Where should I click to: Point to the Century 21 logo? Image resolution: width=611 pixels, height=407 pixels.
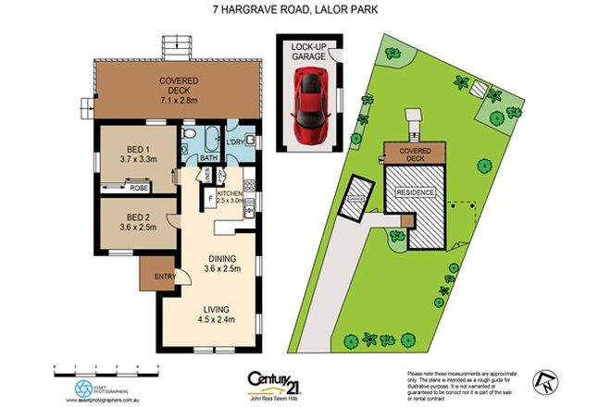point(280,380)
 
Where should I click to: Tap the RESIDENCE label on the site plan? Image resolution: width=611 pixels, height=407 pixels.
point(416,191)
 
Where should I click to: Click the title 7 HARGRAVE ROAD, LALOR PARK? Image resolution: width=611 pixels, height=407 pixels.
point(305,11)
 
